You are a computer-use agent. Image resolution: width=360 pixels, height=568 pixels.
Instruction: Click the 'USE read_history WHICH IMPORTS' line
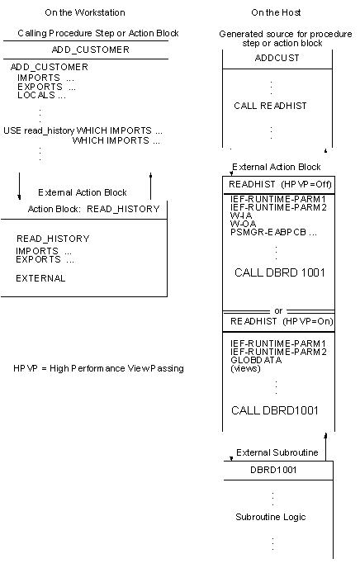83,130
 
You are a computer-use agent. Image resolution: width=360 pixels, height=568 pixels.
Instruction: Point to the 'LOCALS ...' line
41,95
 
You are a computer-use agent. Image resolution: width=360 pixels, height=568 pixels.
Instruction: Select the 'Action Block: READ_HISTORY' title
92,209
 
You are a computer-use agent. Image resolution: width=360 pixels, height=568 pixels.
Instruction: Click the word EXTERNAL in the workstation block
40,278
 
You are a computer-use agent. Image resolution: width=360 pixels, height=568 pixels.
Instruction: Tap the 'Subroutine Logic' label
271,517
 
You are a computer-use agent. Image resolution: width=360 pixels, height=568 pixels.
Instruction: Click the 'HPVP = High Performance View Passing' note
98,368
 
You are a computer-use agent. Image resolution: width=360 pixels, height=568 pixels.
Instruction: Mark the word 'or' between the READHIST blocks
278,310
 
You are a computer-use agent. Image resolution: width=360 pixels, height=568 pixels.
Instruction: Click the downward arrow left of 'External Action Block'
20,186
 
